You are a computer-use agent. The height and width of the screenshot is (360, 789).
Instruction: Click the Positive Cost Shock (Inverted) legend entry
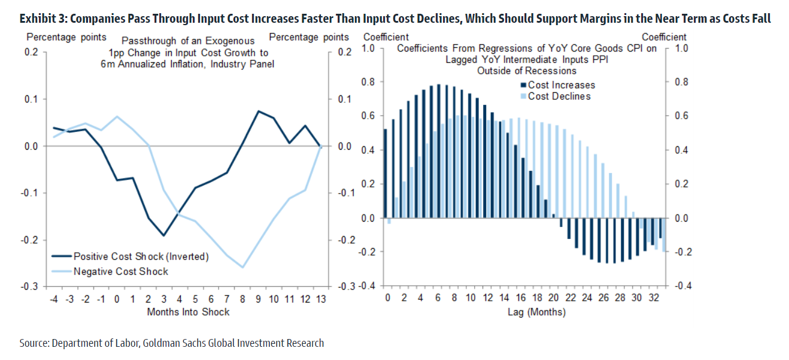click(x=140, y=256)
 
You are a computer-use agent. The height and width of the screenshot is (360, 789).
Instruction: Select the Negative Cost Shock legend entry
click(x=120, y=271)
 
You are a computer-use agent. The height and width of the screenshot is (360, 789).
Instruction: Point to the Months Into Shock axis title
click(x=188, y=311)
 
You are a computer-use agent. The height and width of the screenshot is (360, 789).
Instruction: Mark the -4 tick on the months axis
click(x=53, y=298)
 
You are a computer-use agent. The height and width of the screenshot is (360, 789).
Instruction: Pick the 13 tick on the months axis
click(x=320, y=298)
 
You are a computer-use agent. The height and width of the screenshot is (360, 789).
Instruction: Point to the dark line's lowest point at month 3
click(x=163, y=235)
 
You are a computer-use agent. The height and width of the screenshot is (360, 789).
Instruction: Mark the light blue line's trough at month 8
click(x=242, y=267)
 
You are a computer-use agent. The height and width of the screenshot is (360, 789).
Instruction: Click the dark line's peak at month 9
click(x=258, y=111)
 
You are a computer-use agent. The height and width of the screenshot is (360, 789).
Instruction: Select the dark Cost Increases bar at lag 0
click(x=385, y=174)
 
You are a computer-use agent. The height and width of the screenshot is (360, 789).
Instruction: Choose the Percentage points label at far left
click(x=66, y=37)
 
